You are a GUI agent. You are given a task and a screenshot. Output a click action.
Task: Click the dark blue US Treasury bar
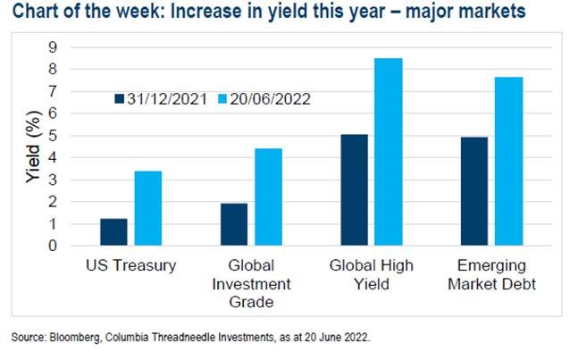[x=113, y=231]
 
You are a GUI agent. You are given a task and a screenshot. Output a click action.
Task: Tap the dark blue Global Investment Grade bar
[x=233, y=223]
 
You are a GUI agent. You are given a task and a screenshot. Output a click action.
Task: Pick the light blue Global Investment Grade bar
[x=268, y=197]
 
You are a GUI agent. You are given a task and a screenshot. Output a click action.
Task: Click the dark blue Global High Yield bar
[x=354, y=189]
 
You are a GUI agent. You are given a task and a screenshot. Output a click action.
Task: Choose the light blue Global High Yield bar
[x=388, y=151]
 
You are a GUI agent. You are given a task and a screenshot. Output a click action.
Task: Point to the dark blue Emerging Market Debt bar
[x=474, y=190]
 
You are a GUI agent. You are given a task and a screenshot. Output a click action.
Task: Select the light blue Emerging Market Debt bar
[x=508, y=161]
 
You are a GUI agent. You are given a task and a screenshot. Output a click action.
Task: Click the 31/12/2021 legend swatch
[x=120, y=97]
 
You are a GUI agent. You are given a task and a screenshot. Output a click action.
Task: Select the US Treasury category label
[x=130, y=266]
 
